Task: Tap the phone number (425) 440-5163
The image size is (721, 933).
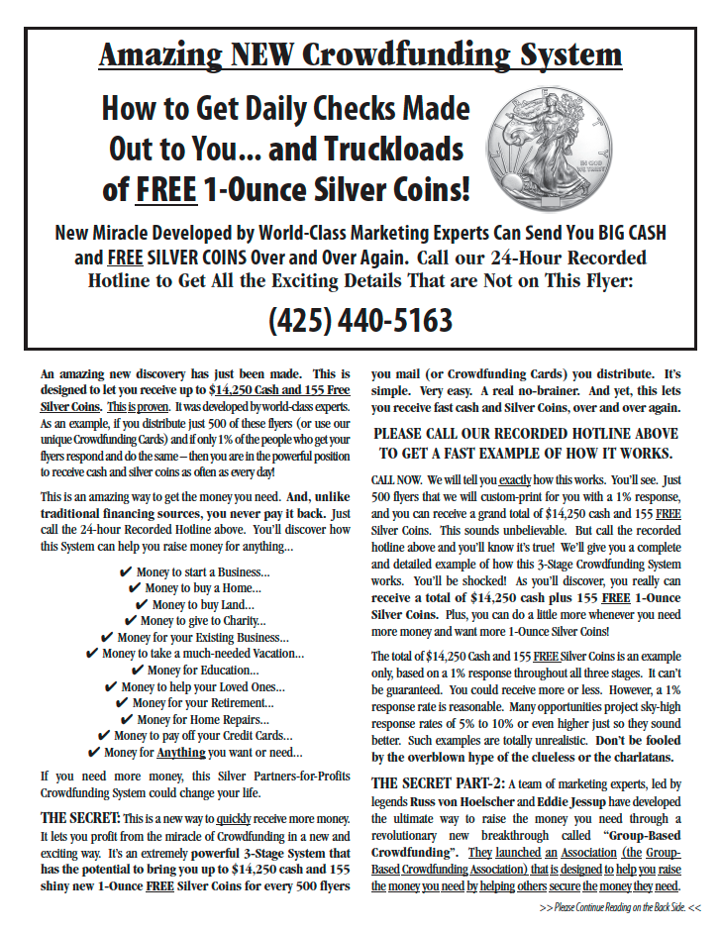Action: (360, 320)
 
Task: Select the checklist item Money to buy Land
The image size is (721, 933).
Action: (203, 604)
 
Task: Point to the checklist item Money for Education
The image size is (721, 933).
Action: (203, 670)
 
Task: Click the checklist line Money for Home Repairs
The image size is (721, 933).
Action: (203, 719)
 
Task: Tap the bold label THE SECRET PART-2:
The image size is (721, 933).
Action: (427, 782)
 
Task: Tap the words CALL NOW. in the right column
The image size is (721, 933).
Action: (396, 479)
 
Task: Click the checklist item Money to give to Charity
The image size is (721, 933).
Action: (203, 621)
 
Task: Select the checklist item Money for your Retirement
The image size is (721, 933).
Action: (203, 703)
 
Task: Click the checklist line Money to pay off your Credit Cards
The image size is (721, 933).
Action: (203, 736)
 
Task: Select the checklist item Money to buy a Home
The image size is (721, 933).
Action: (203, 588)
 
